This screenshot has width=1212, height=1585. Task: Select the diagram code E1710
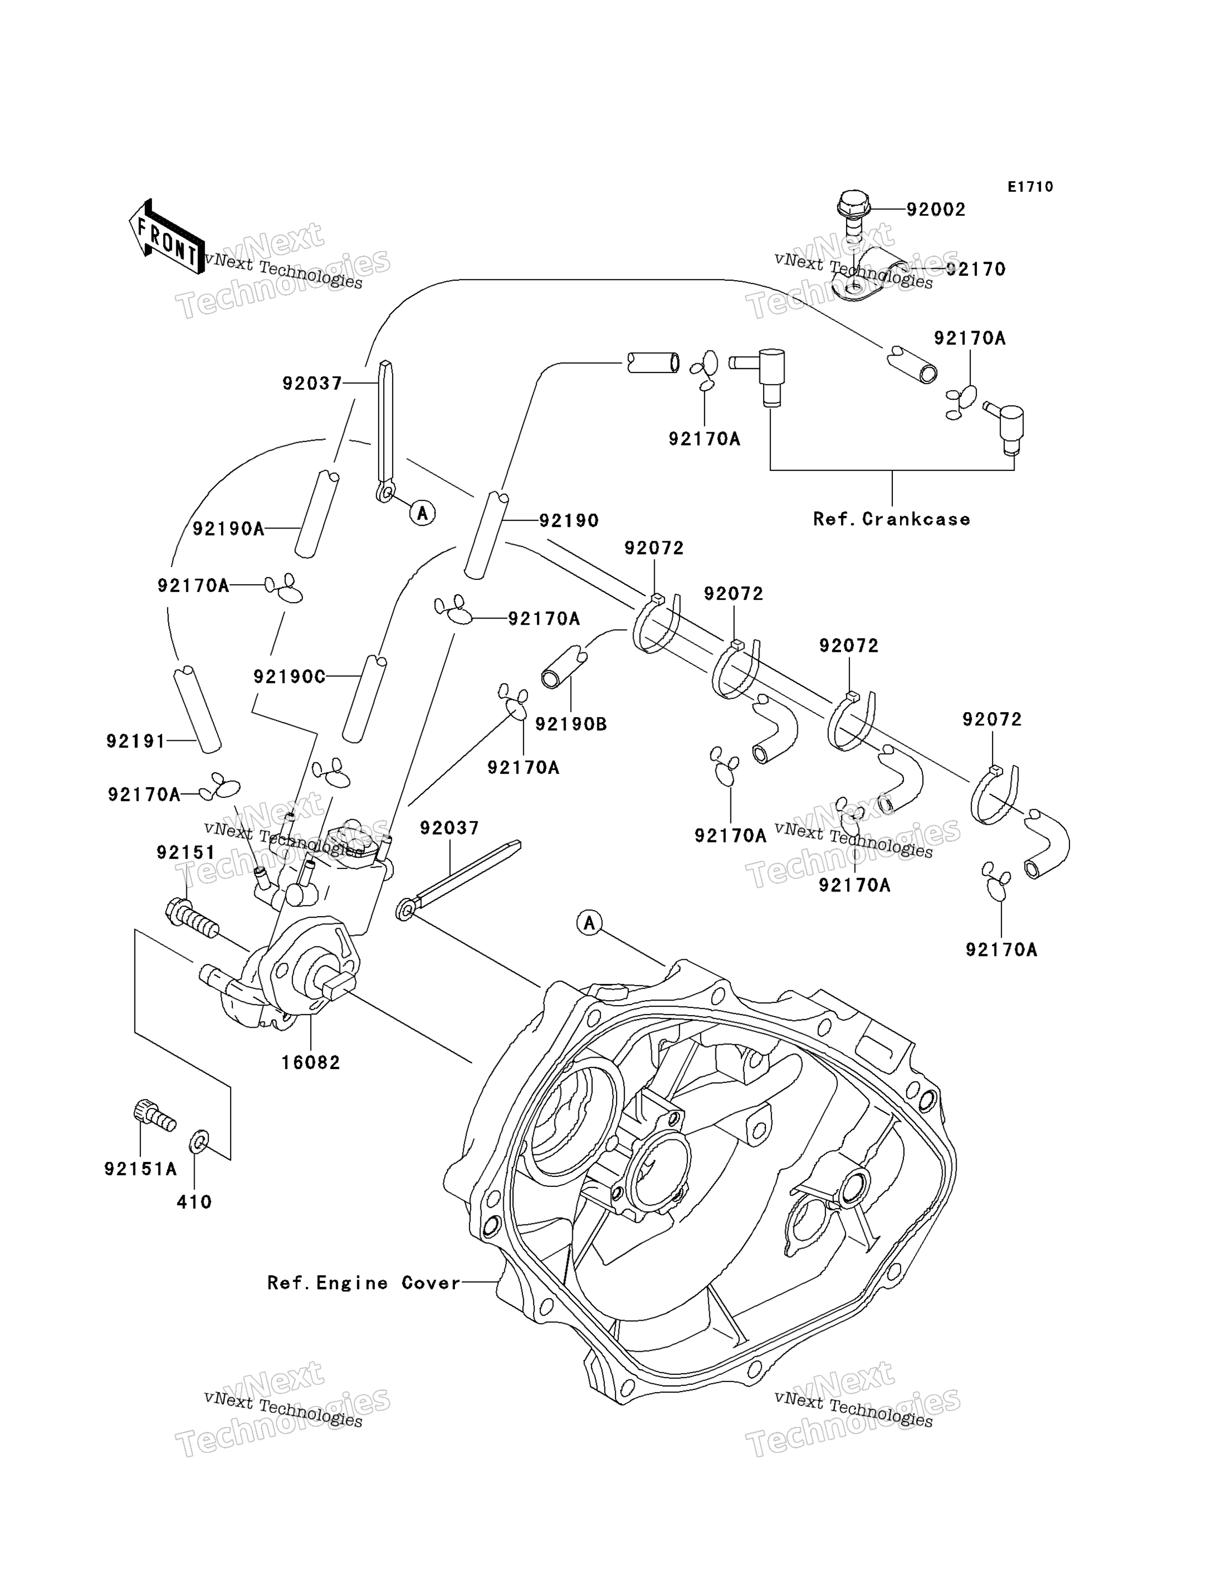click(1030, 187)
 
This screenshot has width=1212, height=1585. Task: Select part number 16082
click(310, 1062)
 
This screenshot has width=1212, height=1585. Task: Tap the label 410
click(195, 1202)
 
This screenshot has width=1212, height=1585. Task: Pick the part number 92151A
click(140, 1169)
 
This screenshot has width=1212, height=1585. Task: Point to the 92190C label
click(289, 677)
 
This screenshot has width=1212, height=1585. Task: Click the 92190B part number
click(571, 724)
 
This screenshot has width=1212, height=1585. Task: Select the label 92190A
click(229, 529)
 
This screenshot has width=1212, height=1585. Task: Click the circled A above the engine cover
click(589, 922)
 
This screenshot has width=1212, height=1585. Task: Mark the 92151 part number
click(186, 852)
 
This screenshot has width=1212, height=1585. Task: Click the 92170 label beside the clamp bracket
click(975, 269)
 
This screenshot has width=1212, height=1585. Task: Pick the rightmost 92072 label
click(992, 719)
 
